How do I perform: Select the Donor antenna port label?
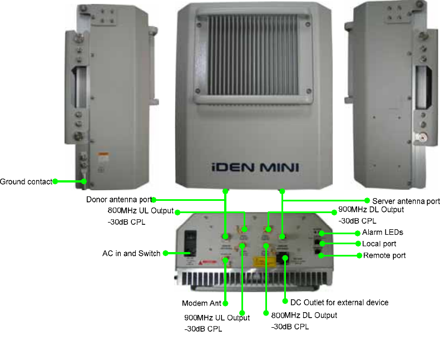click(x=118, y=199)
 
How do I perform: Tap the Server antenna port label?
click(x=406, y=200)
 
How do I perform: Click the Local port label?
click(x=379, y=244)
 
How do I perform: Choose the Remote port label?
click(x=384, y=255)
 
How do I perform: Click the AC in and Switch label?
click(x=131, y=253)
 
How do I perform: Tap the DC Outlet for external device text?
click(x=339, y=302)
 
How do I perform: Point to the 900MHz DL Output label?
click(x=371, y=210)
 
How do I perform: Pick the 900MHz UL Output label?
click(x=217, y=317)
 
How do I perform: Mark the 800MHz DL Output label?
click(x=304, y=315)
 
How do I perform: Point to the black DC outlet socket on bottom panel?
click(x=285, y=258)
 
